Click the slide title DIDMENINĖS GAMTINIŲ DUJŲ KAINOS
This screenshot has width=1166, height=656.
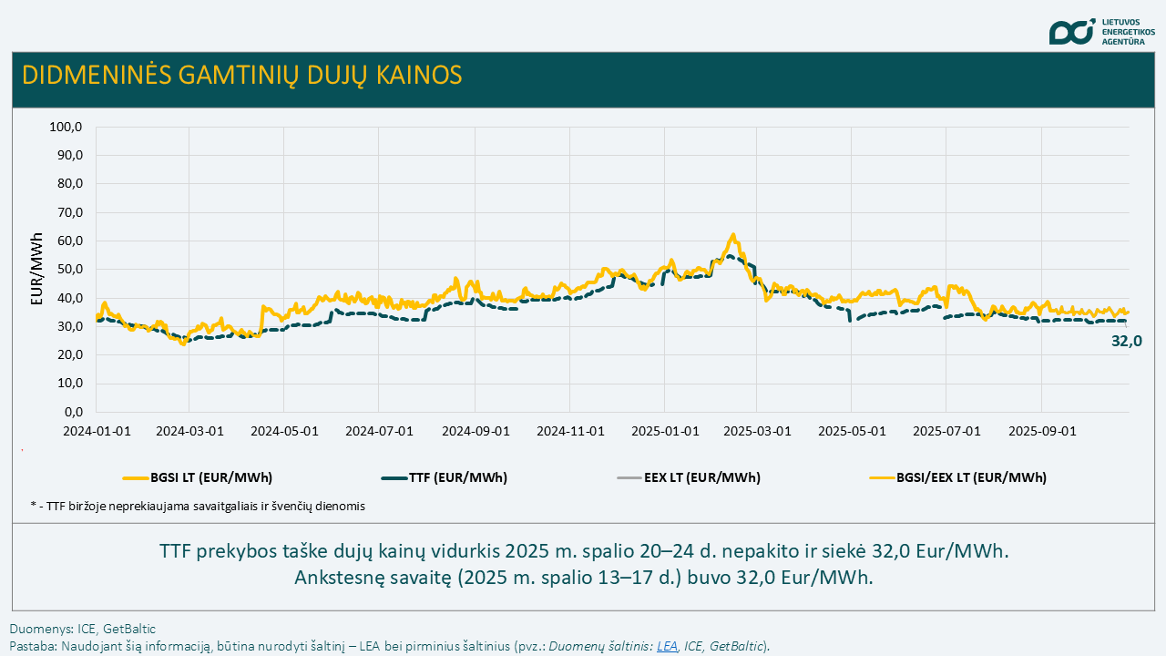(x=241, y=75)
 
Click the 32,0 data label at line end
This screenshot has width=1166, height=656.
(x=1127, y=342)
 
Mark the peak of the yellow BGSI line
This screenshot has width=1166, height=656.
(x=733, y=235)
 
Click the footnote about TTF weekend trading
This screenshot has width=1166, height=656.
(x=198, y=506)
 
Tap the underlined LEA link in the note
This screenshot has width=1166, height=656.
(x=667, y=646)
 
